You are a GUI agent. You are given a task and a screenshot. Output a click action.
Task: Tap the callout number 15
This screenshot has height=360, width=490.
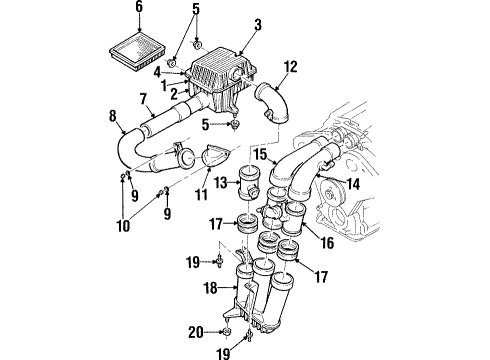(x=257, y=156)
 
